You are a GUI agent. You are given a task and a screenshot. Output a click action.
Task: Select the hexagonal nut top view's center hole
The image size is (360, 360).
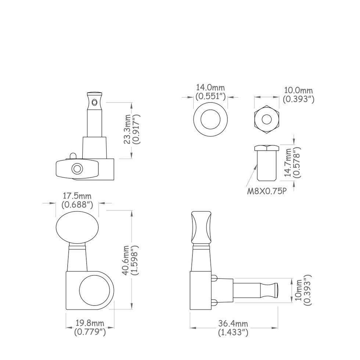pyautogui.click(x=267, y=119)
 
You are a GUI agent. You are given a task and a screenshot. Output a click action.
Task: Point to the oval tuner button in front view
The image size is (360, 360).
pyautogui.click(x=77, y=228)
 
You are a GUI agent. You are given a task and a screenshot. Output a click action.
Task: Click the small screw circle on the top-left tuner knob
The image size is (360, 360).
pyautogui.click(x=77, y=169)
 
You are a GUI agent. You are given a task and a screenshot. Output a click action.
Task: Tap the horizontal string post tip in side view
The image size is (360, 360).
pyautogui.click(x=275, y=290)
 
